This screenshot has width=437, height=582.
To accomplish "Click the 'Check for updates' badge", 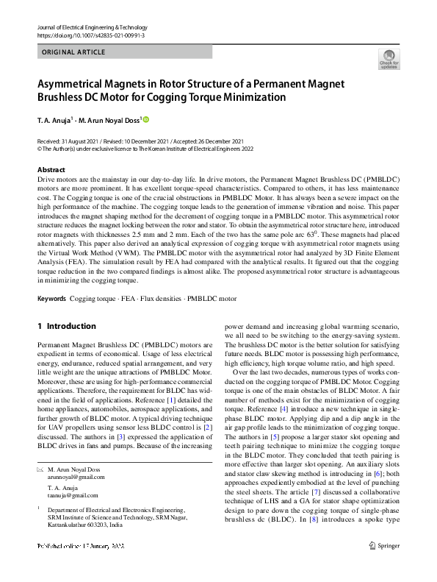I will [388, 59].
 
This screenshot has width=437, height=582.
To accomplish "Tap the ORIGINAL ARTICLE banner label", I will [74, 52].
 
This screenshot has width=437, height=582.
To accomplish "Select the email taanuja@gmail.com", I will [71, 497].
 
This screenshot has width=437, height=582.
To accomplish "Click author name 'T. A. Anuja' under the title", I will [57, 120].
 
